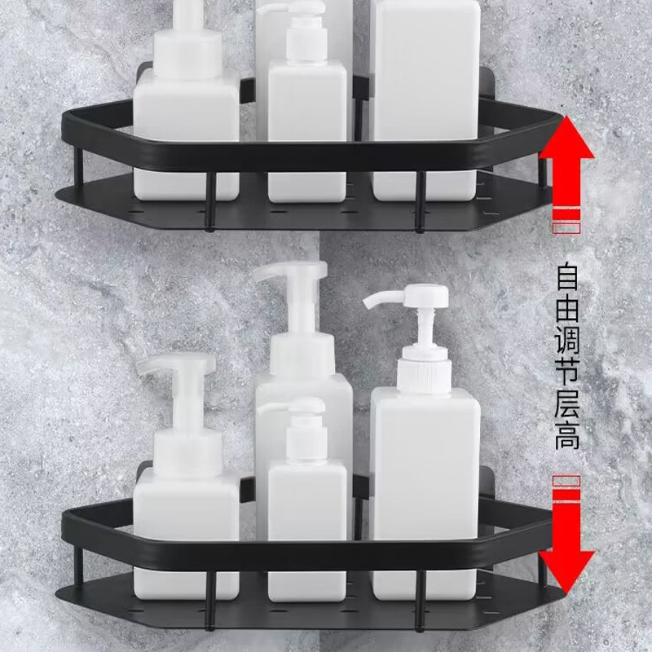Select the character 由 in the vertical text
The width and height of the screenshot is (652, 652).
point(568,311)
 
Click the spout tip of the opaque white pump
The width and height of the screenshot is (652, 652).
point(369,306)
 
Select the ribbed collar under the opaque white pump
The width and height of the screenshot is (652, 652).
point(425,375)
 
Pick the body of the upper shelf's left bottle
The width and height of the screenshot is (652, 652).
point(186,122)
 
